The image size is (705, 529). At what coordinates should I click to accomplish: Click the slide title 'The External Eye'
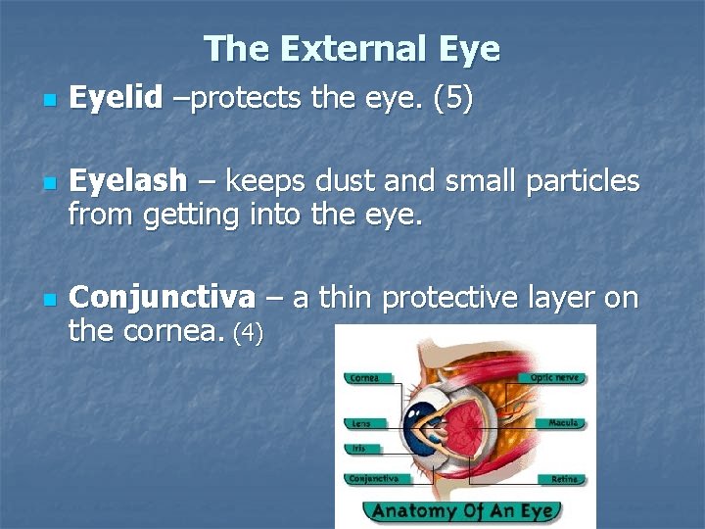[352, 49]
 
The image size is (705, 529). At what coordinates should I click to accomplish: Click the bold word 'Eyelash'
[127, 181]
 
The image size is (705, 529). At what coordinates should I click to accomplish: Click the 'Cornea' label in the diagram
[364, 378]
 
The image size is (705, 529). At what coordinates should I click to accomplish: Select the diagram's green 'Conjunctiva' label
[373, 479]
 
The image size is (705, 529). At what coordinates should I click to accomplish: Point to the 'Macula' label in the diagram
[564, 423]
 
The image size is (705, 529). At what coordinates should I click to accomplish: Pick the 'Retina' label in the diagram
[564, 479]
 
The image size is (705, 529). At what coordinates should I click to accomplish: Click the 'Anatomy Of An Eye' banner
[462, 510]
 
